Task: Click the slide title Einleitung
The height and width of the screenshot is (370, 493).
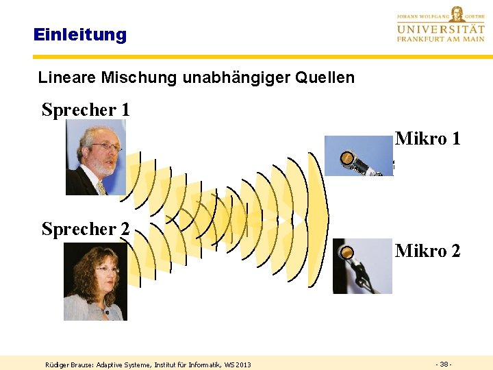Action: coord(80,34)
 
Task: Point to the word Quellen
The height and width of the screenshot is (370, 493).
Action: coord(325,77)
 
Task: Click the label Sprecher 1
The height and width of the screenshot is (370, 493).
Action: coord(86,110)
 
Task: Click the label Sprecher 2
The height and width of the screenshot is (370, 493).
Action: coord(86,229)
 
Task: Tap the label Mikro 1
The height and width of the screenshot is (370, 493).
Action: coord(427,139)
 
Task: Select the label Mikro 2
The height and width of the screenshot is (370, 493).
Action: coord(427,251)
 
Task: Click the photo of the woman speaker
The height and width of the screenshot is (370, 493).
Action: coord(95,282)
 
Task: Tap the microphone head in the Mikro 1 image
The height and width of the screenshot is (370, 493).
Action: coord(348,160)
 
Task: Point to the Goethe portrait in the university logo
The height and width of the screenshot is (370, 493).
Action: coord(457,13)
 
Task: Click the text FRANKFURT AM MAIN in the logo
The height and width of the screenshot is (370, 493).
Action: coord(440,39)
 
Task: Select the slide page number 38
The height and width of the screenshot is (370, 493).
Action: coord(443,363)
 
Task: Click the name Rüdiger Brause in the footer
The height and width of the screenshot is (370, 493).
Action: coord(69,365)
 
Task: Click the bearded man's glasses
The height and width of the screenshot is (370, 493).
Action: coord(107,146)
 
